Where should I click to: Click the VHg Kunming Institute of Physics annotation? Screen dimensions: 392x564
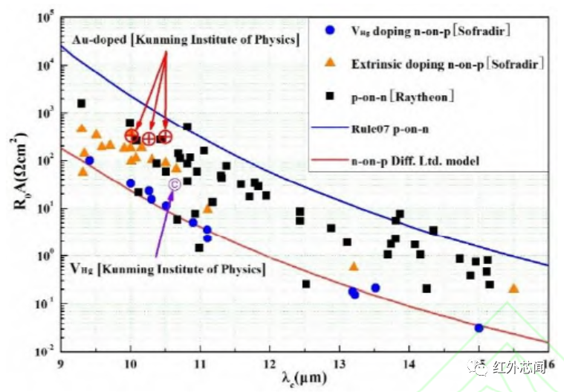pyautogui.click(x=166, y=269)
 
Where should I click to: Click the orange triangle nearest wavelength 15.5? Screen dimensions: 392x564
pyautogui.click(x=513, y=288)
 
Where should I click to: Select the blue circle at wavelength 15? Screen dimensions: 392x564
pyautogui.click(x=479, y=327)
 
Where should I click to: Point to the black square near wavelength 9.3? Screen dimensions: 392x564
pyautogui.click(x=81, y=103)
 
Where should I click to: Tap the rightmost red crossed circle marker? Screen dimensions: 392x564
pyautogui.click(x=165, y=136)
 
